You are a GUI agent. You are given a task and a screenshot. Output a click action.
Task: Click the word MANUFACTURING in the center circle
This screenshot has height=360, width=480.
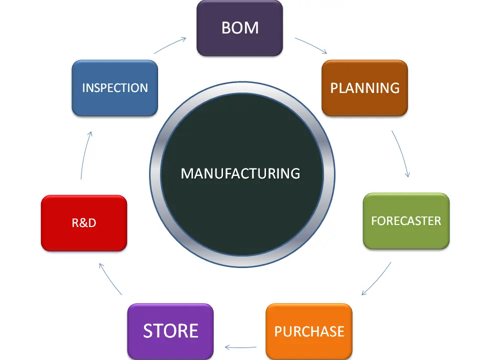240,173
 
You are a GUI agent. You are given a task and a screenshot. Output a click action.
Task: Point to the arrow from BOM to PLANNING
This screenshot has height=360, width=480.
311,45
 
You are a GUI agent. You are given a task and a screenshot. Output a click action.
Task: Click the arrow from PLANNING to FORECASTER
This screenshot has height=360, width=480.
402,154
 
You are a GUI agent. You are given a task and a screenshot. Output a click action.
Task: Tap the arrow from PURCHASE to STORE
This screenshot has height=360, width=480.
241,346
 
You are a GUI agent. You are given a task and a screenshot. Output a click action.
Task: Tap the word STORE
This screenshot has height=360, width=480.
170,330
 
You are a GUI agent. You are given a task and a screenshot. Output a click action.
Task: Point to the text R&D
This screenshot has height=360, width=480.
83,223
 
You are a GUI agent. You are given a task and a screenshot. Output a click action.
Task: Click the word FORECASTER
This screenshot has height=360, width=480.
406,220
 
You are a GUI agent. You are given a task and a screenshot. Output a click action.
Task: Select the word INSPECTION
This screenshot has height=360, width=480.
114,88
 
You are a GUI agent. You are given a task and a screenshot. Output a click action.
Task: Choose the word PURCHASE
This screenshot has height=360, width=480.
309,331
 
